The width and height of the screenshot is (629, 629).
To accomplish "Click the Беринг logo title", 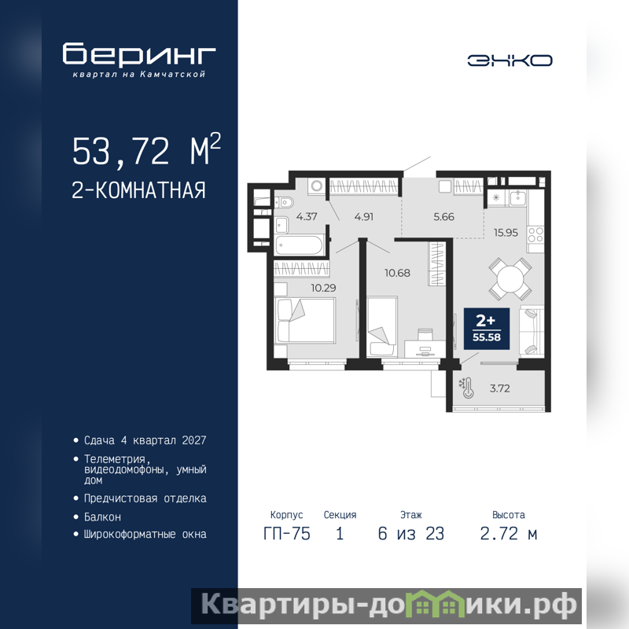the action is [x=139, y=53].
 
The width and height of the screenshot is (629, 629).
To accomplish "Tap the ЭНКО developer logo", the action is [x=509, y=61].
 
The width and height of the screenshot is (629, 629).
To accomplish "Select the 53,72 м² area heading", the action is [x=146, y=149].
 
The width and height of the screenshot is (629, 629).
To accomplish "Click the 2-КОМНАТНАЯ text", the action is [x=138, y=190].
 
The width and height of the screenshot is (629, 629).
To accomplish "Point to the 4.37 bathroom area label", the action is [x=307, y=217].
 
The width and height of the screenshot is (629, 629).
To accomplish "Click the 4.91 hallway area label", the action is [x=364, y=217].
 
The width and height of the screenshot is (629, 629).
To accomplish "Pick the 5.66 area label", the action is [x=443, y=217].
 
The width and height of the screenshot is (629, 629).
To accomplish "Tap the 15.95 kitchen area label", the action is [x=506, y=233].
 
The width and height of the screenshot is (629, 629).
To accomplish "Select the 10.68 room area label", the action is [x=397, y=273].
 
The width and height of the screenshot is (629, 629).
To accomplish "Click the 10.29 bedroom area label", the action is [x=323, y=288].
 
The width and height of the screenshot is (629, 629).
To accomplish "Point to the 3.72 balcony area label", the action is [x=500, y=388].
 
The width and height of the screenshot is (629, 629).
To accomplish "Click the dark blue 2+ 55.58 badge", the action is [x=487, y=329].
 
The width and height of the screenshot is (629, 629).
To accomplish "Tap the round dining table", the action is [x=510, y=278].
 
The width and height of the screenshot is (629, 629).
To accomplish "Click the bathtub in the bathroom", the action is [x=299, y=245].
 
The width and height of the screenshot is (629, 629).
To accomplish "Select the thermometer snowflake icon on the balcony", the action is [x=467, y=388].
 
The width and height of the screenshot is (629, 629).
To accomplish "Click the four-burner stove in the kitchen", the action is [x=535, y=234].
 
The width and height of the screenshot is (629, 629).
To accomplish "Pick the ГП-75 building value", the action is [x=287, y=534].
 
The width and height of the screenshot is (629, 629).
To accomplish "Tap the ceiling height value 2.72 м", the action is [x=509, y=534].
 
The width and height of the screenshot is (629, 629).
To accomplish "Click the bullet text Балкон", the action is [x=102, y=517].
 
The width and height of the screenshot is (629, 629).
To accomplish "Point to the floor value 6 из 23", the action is [x=411, y=534].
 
